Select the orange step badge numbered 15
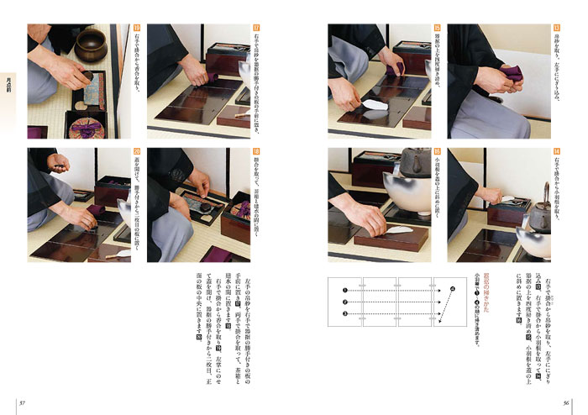[437, 28]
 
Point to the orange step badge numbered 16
[437, 153]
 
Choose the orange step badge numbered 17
[256, 28]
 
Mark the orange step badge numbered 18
[256, 153]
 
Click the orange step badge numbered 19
[136, 28]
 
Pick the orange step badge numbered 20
[136, 153]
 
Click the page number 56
[567, 402]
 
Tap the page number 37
[23, 402]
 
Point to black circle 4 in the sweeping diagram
[451, 288]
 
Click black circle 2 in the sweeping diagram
[344, 302]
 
